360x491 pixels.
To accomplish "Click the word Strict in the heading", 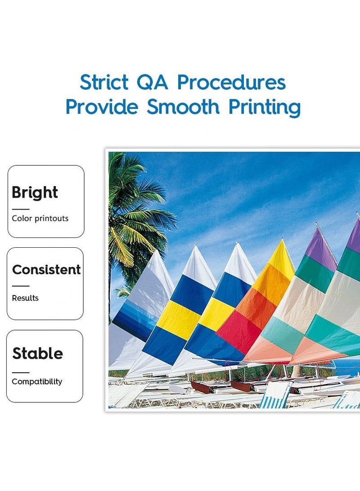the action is (104, 82).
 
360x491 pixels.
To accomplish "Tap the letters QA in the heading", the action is (152, 83).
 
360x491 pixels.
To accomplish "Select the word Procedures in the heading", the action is (232, 82).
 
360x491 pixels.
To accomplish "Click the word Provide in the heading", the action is (102, 107).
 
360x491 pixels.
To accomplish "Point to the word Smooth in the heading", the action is (183, 107).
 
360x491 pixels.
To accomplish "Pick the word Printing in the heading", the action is (265, 107).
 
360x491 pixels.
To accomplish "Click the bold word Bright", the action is (35, 192).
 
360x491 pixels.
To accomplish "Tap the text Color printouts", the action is (40, 218).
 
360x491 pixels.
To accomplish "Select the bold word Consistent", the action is (46, 269).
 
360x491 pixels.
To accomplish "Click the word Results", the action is (25, 298).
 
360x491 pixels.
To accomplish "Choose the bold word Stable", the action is (38, 353).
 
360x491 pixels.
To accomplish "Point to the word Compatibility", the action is (37, 381).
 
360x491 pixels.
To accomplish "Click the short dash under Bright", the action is (21, 209).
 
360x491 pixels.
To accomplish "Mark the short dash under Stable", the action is (21, 373).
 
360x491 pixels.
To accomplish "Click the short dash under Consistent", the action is (21, 286).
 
